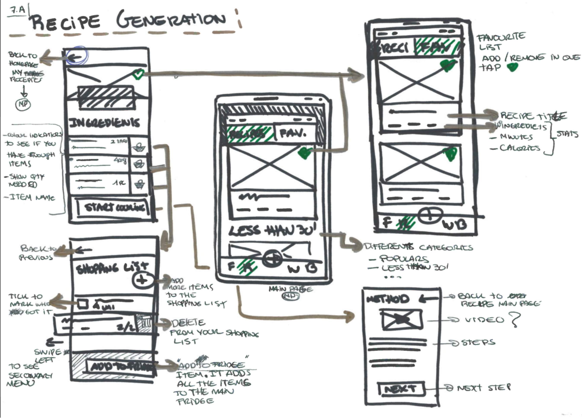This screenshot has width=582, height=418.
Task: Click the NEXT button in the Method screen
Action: click(401, 389)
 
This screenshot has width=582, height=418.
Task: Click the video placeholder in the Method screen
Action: click(401, 320)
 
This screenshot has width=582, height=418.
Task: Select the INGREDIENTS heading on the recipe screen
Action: click(104, 123)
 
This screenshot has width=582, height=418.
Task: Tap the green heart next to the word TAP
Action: click(512, 67)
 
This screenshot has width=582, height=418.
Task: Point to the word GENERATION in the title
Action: click(171, 21)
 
